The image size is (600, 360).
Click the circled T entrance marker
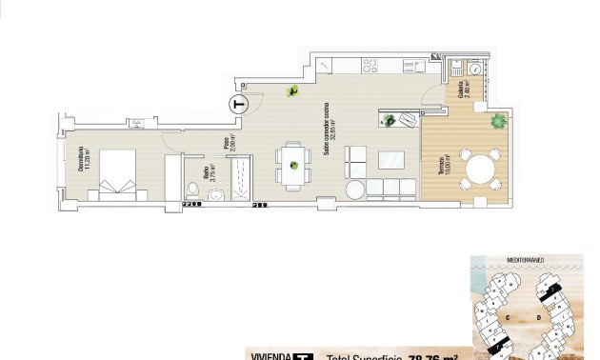[238, 105]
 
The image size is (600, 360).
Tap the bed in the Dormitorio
[116, 173]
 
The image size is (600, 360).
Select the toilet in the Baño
[193, 187]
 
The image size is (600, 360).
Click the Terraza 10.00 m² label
[441, 172]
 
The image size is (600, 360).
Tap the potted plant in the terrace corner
[497, 122]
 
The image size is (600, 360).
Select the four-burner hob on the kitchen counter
[370, 65]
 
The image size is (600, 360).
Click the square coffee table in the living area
[390, 157]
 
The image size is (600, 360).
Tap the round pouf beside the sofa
[355, 189]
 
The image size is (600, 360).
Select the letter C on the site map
[510, 315]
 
